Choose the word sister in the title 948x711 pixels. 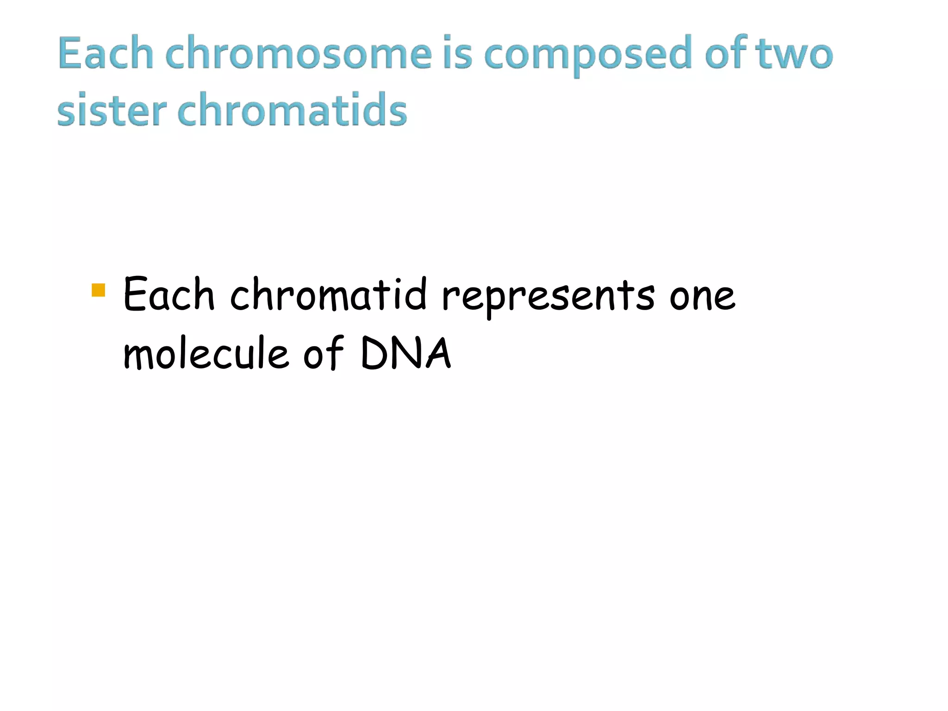(112, 110)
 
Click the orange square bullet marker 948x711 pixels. (99, 290)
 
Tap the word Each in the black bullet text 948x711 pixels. (169, 294)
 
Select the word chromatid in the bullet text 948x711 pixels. (328, 294)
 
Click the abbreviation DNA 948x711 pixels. (405, 354)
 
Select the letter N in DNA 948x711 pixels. (405, 354)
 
